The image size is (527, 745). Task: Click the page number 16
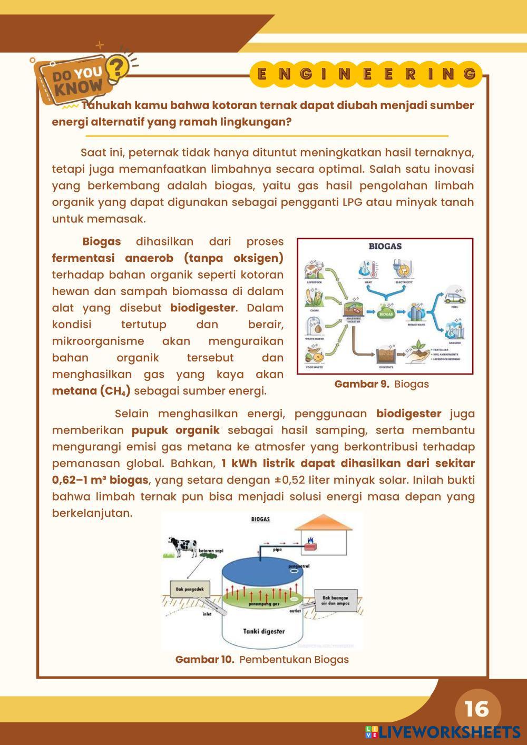[x=477, y=709]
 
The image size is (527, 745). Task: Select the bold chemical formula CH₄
[x=115, y=391]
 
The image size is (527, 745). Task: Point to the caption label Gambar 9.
[x=362, y=384]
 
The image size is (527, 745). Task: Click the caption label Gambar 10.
[x=204, y=660]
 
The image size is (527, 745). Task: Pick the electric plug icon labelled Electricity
[x=402, y=270]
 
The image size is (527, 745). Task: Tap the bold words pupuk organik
[x=175, y=430]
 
